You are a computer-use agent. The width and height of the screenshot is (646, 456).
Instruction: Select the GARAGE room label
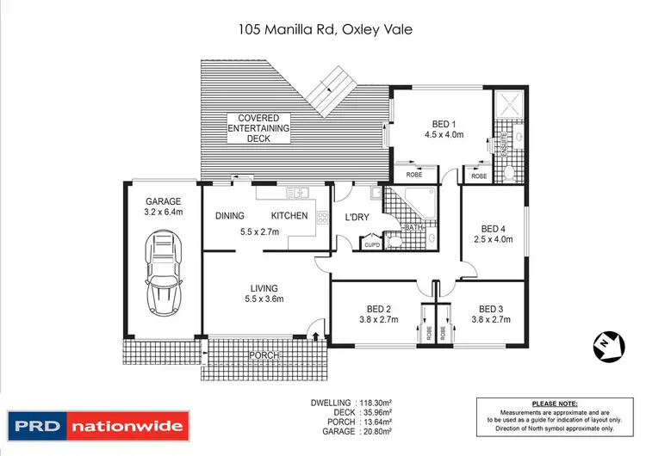[x=162, y=202]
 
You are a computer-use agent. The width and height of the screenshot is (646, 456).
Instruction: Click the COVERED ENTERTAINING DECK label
[x=258, y=128]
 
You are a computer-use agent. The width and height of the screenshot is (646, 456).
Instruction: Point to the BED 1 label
[x=444, y=124]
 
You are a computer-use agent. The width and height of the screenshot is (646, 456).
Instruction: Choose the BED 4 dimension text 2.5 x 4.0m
[x=493, y=239]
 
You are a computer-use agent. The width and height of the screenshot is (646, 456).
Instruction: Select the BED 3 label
[x=490, y=309]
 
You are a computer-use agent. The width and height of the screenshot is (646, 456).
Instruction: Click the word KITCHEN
[x=289, y=216]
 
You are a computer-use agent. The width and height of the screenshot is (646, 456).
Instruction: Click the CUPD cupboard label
[x=371, y=244]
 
